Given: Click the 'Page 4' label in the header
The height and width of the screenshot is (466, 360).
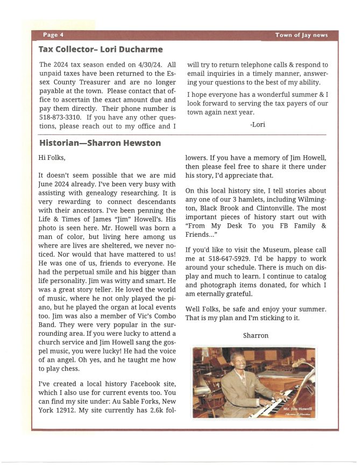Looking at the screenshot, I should click(x=53, y=35).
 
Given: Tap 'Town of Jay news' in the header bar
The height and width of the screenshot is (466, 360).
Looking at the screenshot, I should click(x=301, y=35).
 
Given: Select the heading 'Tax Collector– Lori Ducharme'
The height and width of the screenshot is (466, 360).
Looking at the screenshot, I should click(x=100, y=50).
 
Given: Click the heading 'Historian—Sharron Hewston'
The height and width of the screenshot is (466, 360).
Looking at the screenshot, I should click(x=100, y=143).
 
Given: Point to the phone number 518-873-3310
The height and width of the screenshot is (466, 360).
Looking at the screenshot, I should click(x=60, y=117).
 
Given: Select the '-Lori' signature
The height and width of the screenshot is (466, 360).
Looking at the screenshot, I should click(x=257, y=124).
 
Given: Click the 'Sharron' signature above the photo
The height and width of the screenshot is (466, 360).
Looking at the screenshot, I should click(x=256, y=335).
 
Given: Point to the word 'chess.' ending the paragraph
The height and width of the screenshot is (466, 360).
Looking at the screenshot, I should click(x=86, y=369).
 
